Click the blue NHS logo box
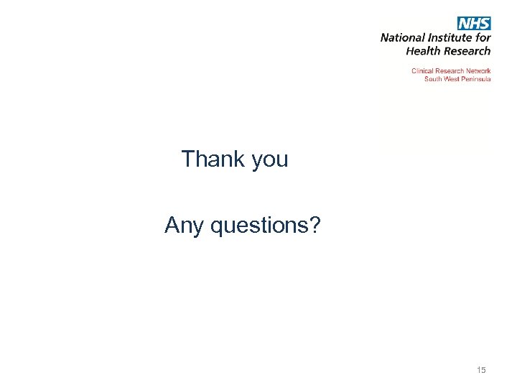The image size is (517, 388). (475, 24)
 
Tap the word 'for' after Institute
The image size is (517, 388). (483, 38)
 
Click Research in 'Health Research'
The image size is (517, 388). (467, 51)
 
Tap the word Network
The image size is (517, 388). (479, 71)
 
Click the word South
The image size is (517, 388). (433, 79)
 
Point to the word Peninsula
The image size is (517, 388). (476, 79)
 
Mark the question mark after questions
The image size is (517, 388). (316, 226)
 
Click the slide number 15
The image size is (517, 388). (481, 370)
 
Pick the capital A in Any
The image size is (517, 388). (172, 226)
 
